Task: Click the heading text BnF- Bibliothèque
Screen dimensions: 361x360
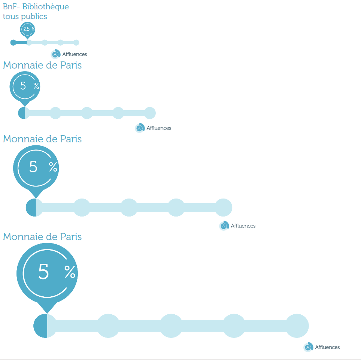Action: (x=36, y=7)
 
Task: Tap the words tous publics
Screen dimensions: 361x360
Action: (x=25, y=16)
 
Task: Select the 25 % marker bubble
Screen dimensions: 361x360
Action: (x=27, y=30)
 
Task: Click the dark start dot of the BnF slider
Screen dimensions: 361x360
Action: (x=13, y=43)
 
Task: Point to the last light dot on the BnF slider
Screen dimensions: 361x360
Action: (x=76, y=43)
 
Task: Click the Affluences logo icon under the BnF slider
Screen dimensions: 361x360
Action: (x=55, y=54)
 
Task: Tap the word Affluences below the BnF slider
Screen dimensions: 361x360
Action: (x=75, y=54)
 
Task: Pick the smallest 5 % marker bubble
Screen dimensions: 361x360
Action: (x=25, y=88)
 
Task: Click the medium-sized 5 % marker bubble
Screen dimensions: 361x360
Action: (x=36, y=170)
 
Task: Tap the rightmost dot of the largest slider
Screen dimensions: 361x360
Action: (x=297, y=326)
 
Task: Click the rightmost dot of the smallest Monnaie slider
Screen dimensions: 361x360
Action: (x=150, y=113)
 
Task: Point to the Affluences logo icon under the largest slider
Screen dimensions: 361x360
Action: (x=308, y=347)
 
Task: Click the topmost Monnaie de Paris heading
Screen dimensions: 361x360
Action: (x=42, y=65)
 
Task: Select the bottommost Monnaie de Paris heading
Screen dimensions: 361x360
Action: (x=42, y=237)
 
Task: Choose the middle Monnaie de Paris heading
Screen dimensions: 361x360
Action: (x=42, y=139)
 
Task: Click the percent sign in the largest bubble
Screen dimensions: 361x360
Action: (x=70, y=272)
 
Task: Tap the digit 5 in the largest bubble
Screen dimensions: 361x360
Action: (x=43, y=272)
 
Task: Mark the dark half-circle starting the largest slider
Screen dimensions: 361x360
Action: (x=40, y=326)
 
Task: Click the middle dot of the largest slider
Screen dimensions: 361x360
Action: (x=171, y=326)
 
